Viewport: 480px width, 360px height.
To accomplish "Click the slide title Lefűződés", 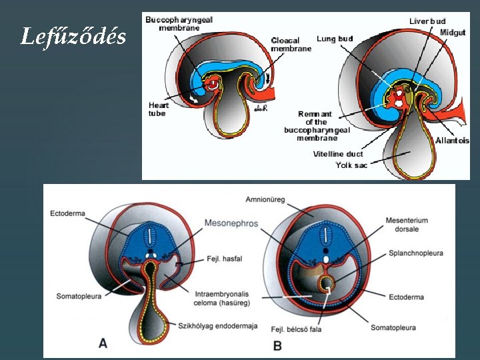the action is pyautogui.click(x=73, y=37).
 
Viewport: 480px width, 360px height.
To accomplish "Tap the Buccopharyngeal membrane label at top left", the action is pyautogui.click(x=179, y=23).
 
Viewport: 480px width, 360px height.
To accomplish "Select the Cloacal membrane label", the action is pyautogui.click(x=291, y=45).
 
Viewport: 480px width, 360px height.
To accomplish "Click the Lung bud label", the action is pyautogui.click(x=335, y=39).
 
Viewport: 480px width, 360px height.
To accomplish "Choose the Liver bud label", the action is pyautogui.click(x=427, y=21).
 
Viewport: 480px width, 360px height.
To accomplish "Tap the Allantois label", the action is pyautogui.click(x=452, y=141).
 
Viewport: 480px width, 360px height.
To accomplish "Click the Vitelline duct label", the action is pyautogui.click(x=338, y=154).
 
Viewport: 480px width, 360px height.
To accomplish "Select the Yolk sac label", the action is pyautogui.click(x=351, y=165).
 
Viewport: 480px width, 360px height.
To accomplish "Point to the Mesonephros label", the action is pyautogui.click(x=231, y=222).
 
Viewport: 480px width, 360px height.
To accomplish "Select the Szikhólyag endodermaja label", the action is pyautogui.click(x=217, y=326).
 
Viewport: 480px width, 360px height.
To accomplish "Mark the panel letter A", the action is pyautogui.click(x=103, y=343).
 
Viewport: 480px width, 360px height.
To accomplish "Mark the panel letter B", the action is pyautogui.click(x=277, y=345).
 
